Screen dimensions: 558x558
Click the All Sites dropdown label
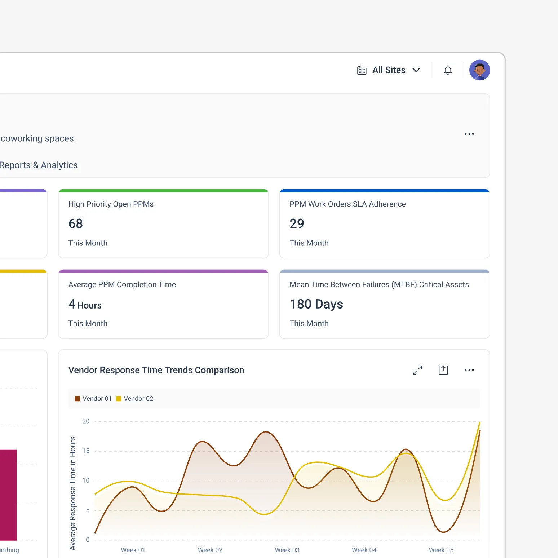click(389, 70)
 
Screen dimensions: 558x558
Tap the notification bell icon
click(448, 70)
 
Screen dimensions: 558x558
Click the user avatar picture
click(479, 70)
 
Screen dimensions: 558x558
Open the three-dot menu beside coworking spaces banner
click(469, 134)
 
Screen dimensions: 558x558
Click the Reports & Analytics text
click(39, 165)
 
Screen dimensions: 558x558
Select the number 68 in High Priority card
click(76, 224)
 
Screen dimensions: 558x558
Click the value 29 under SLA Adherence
click(297, 224)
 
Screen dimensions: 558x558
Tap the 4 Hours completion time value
click(85, 305)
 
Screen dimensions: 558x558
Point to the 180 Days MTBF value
click(316, 304)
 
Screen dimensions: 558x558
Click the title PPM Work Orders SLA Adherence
click(347, 204)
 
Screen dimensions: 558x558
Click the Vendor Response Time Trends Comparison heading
click(156, 370)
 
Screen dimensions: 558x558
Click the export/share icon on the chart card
click(443, 370)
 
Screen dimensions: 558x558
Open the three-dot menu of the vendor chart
click(469, 370)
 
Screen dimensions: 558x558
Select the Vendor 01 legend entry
click(93, 399)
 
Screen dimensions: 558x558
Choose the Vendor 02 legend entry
click(135, 399)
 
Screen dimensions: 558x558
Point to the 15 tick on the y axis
click(86, 451)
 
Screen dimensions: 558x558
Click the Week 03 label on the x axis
click(287, 550)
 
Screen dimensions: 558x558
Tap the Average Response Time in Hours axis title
click(73, 493)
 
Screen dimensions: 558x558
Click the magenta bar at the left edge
click(8, 495)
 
